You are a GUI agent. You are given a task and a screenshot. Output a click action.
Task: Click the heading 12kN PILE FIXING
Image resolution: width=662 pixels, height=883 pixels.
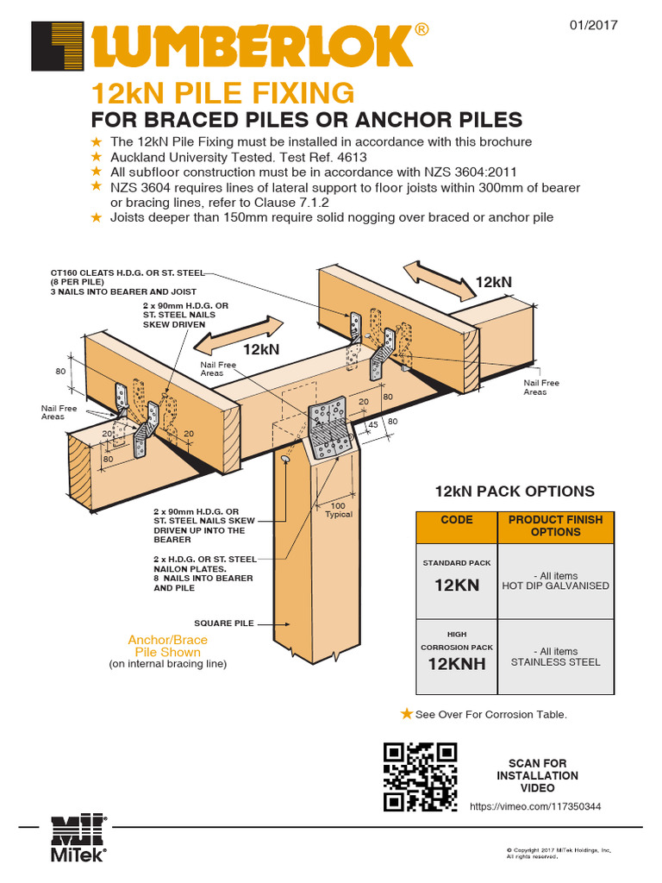222,91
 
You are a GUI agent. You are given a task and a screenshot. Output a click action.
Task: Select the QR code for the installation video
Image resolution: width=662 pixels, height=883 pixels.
419,776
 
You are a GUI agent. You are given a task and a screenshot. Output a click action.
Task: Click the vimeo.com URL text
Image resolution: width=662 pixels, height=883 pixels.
535,806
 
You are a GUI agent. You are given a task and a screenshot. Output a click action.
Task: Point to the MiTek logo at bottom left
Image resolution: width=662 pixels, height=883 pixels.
78,837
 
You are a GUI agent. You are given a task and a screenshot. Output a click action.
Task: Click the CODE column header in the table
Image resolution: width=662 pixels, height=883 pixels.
457,520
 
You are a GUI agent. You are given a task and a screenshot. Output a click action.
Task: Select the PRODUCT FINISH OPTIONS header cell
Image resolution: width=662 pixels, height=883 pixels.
556,526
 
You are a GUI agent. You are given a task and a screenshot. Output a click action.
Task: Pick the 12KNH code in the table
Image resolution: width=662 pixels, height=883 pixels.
457,664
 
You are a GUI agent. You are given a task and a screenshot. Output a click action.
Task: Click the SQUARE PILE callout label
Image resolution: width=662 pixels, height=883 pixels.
223,623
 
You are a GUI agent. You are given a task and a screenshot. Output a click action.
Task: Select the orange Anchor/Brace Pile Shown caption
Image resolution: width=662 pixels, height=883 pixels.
167,646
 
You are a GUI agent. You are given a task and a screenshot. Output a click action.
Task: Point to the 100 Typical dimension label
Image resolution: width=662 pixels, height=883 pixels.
339,510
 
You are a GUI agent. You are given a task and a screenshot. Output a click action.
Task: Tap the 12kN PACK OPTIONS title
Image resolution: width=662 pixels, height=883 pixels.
515,492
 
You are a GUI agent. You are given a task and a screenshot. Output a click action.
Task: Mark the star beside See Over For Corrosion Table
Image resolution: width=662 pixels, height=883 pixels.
407,713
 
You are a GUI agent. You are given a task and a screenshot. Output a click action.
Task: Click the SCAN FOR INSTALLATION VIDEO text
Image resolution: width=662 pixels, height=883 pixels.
537,775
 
